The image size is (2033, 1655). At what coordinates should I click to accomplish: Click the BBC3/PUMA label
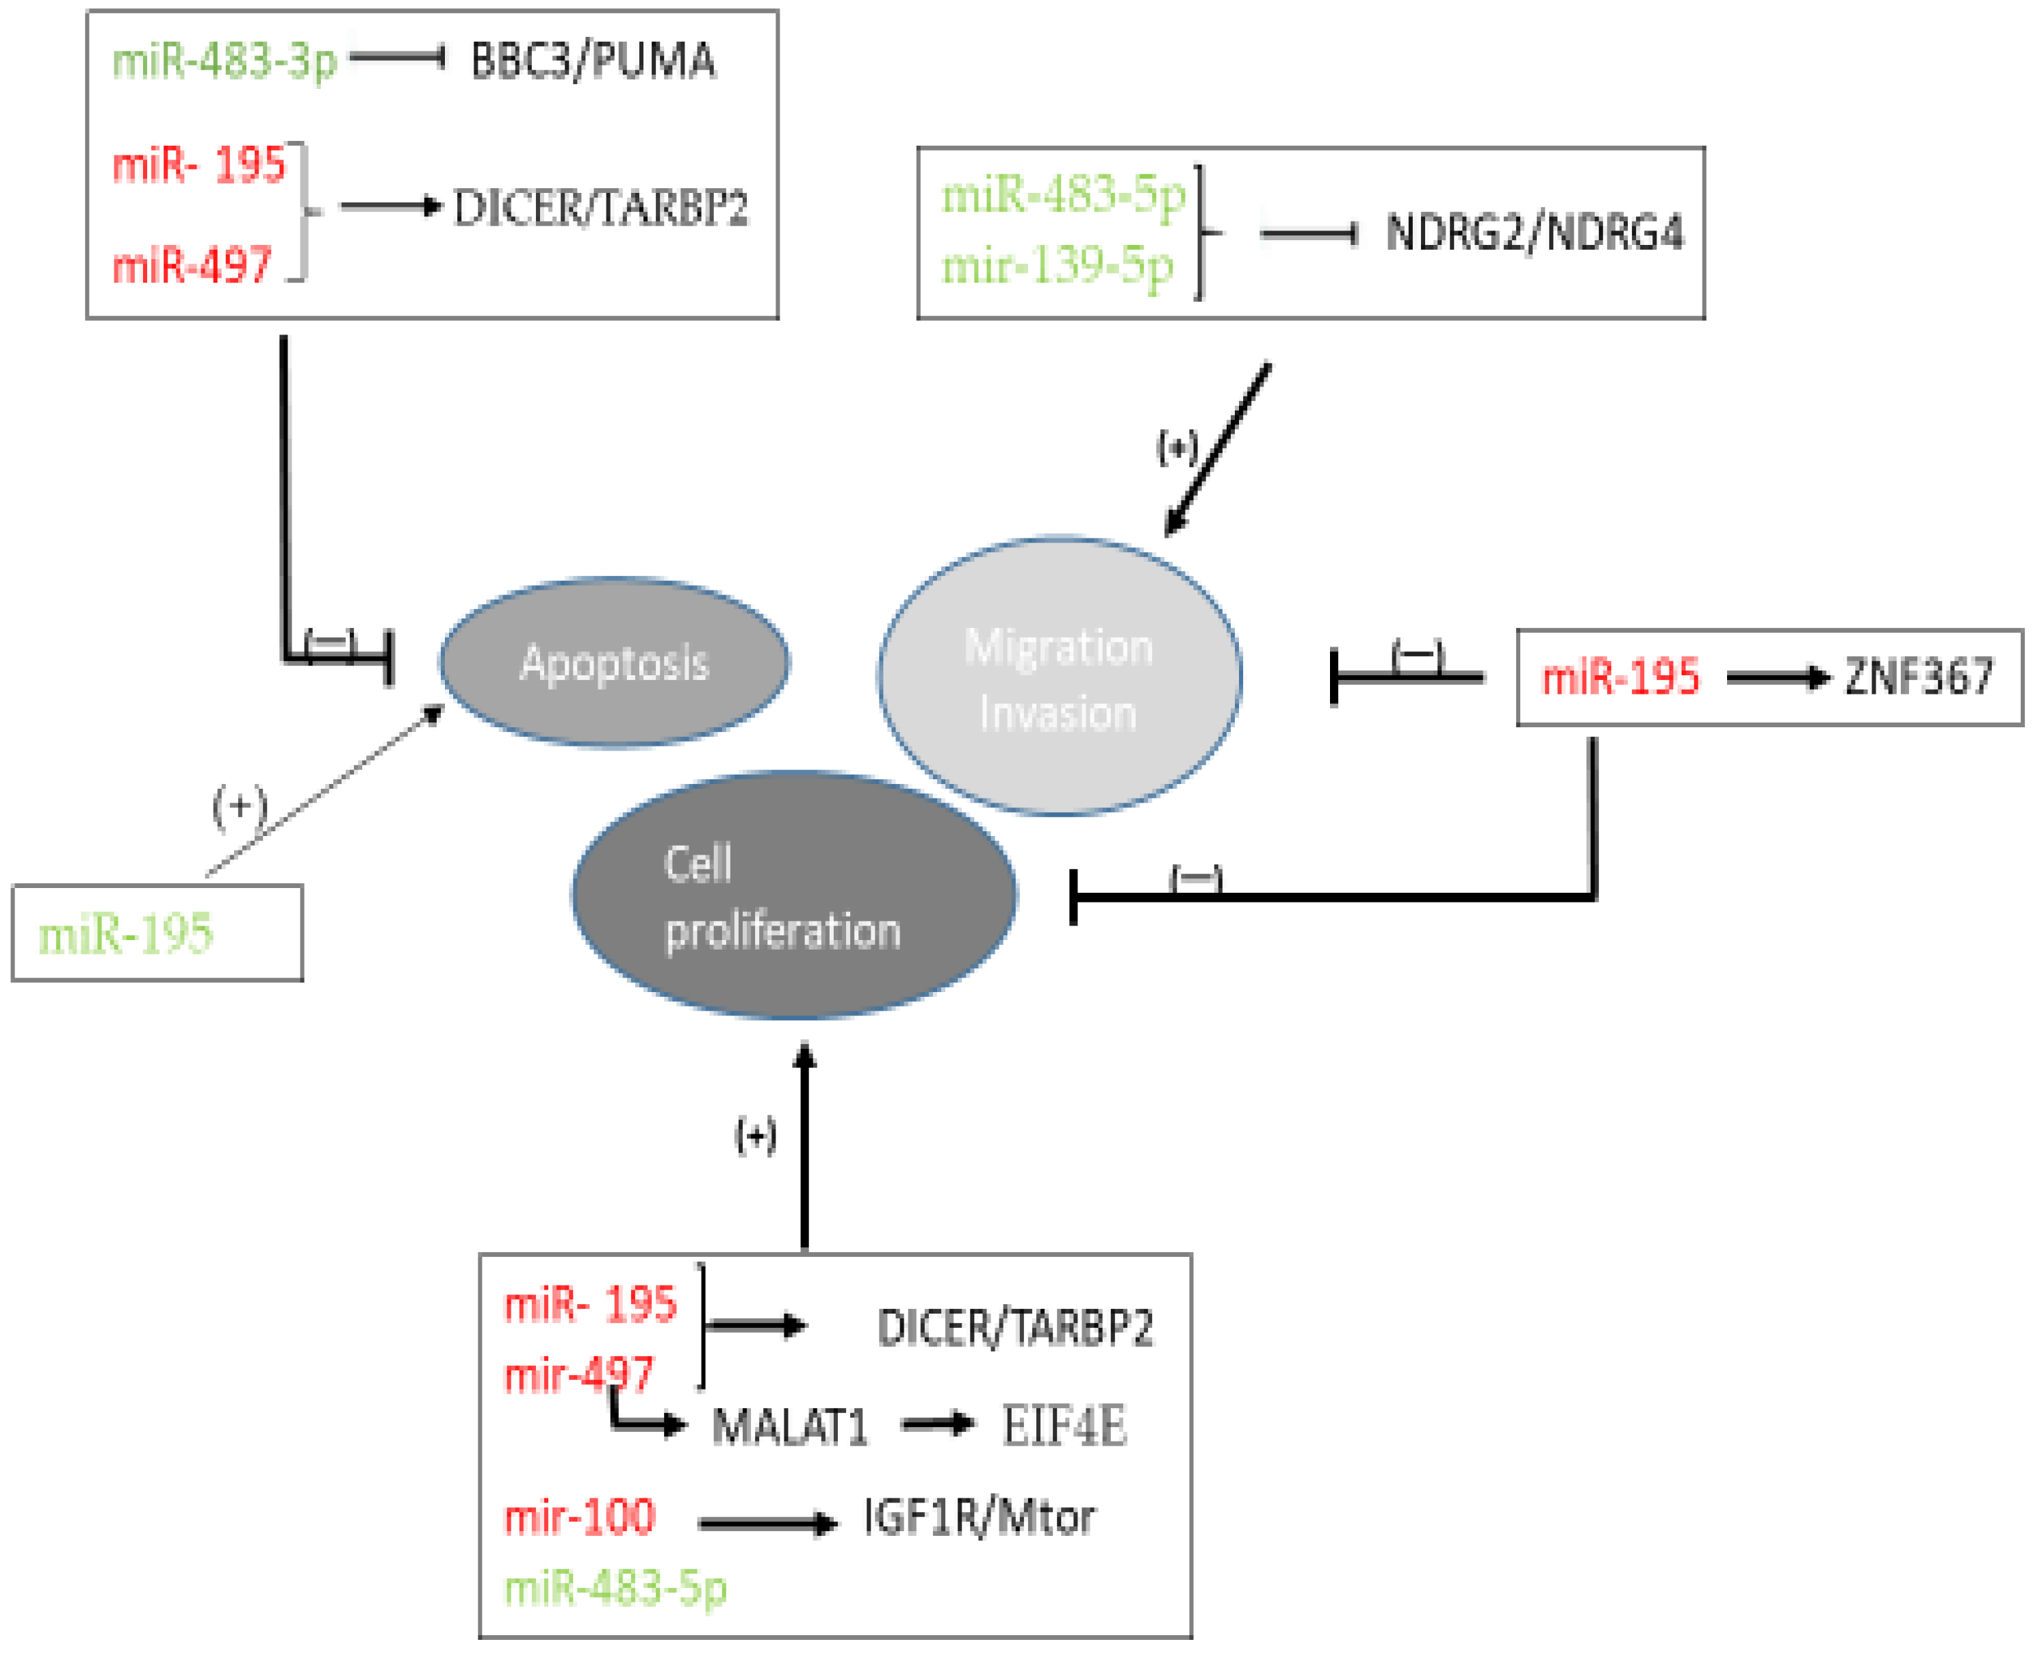[x=593, y=61]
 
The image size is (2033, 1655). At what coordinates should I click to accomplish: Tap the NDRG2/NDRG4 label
[x=1534, y=232]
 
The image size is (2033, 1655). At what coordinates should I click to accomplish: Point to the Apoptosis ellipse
[x=614, y=662]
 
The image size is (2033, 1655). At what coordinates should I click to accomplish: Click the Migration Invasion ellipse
[x=1058, y=677]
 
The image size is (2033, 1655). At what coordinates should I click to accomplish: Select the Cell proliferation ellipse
[x=793, y=896]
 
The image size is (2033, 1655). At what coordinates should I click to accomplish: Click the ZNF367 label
[x=1919, y=677]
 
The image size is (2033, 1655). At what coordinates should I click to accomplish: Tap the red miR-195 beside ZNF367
[x=1620, y=677]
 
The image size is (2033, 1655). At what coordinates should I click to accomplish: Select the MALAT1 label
[x=789, y=1427]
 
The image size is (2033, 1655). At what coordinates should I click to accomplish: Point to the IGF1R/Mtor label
[x=980, y=1517]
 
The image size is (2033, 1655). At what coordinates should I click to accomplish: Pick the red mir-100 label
[x=580, y=1517]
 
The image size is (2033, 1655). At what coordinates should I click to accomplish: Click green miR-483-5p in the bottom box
[x=615, y=1588]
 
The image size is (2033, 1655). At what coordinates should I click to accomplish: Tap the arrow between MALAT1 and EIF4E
[x=936, y=1425]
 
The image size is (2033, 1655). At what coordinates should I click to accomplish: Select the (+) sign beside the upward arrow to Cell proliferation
[x=755, y=1136]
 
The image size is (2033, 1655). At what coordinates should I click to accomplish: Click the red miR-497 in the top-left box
[x=192, y=265]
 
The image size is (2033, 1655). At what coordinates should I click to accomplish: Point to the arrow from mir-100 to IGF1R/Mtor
[x=767, y=1524]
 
